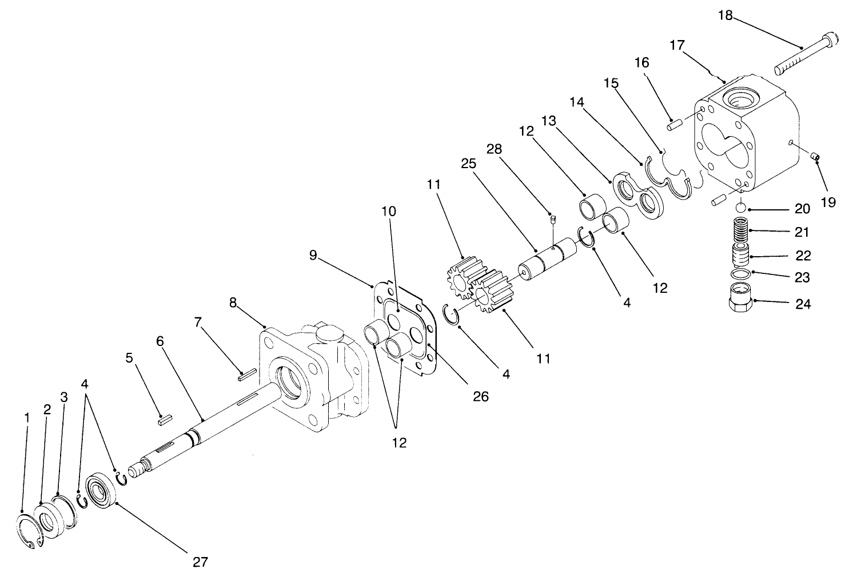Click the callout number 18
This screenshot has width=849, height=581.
tap(725, 15)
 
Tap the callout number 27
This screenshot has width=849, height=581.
tap(200, 562)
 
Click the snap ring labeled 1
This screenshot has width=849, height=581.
tap(29, 532)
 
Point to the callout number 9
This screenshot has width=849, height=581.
tap(313, 255)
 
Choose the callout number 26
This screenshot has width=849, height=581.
tap(481, 396)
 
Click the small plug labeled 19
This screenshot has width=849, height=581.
tap(816, 157)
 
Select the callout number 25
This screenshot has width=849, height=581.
tap(468, 164)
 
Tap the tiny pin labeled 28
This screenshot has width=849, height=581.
tap(553, 218)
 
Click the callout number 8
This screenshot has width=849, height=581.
tap(233, 303)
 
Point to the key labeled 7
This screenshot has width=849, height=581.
tap(246, 376)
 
